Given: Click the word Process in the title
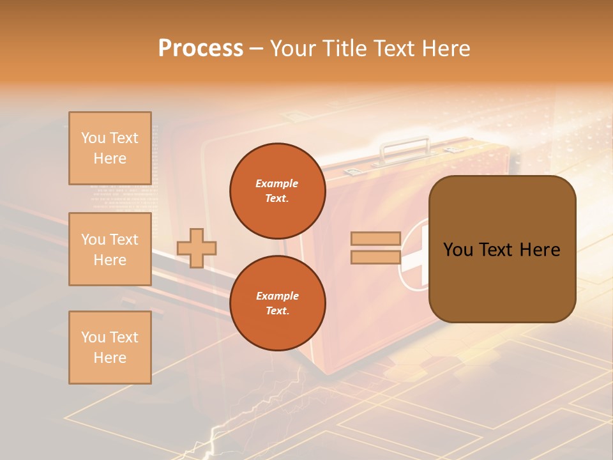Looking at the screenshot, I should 201,49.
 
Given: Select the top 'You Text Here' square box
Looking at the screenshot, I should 110,148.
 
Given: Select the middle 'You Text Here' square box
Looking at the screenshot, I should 110,249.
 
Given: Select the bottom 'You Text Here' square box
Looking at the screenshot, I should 110,348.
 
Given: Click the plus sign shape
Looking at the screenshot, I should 197,248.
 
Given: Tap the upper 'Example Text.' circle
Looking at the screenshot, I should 277,191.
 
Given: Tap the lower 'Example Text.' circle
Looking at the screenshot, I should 277,303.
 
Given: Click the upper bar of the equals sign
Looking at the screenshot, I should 376,239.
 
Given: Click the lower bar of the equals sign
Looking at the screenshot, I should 376,257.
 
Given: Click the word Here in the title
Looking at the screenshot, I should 444,49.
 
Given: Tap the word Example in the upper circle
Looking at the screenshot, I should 277,184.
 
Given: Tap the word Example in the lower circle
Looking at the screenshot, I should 277,296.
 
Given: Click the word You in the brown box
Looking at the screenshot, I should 458,250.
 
